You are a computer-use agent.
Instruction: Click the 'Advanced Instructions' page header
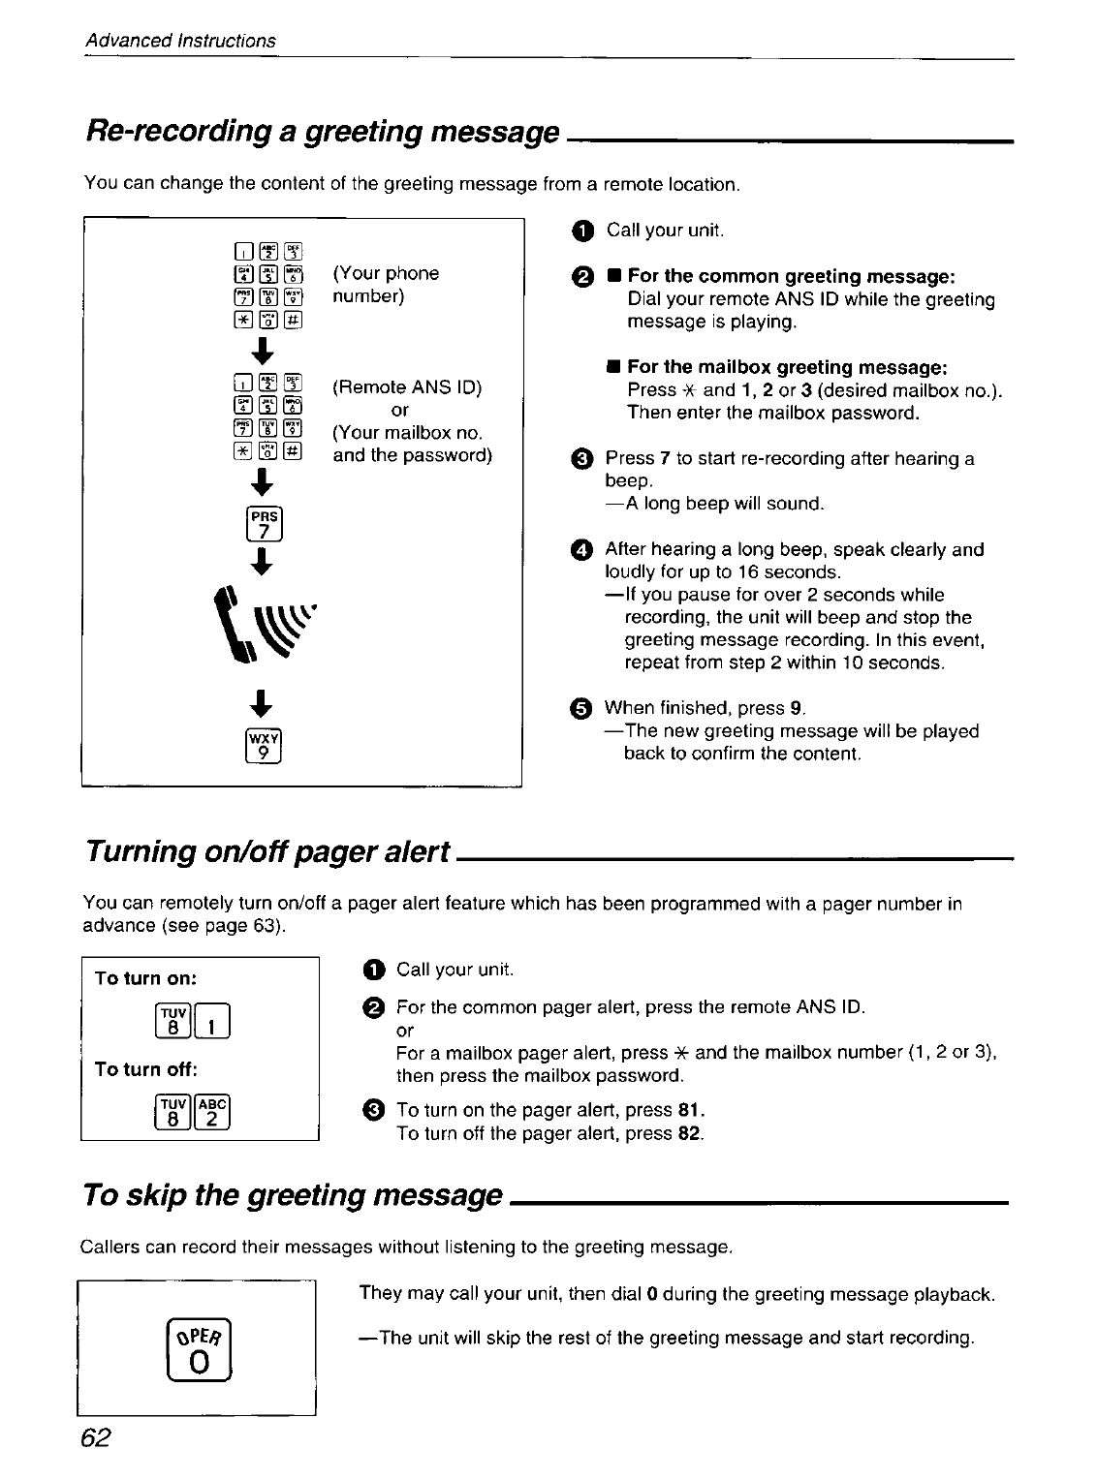pyautogui.click(x=180, y=41)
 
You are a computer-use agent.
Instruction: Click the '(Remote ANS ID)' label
pyautogui.click(x=407, y=388)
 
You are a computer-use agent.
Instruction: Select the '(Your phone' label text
pyautogui.click(x=386, y=273)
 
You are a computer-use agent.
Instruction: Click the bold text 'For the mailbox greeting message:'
pyautogui.click(x=787, y=367)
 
